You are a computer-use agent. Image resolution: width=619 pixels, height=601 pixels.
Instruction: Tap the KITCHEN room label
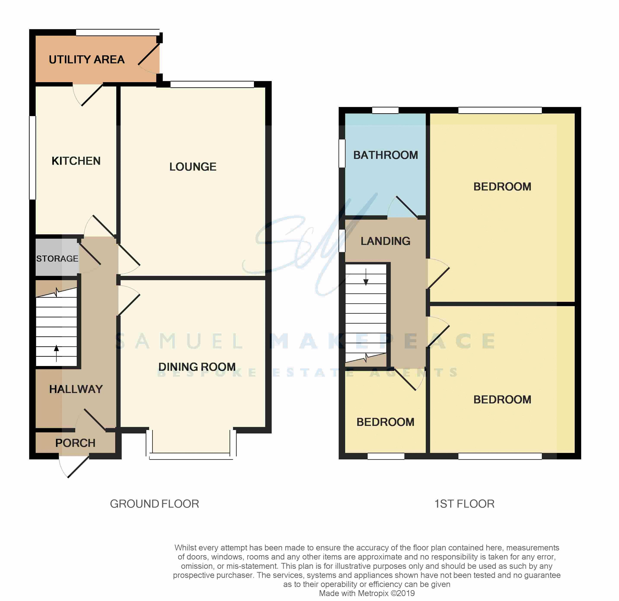click(x=76, y=161)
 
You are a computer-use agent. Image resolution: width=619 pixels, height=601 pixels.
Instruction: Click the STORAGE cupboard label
click(x=57, y=259)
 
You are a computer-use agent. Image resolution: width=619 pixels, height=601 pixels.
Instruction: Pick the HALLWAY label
click(x=76, y=389)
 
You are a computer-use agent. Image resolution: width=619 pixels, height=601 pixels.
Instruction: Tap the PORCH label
click(x=75, y=443)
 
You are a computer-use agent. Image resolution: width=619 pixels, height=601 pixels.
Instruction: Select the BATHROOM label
click(x=386, y=155)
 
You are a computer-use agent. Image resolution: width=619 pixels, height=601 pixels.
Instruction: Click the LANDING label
click(x=386, y=241)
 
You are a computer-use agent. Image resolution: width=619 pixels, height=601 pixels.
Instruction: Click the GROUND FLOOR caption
click(x=155, y=504)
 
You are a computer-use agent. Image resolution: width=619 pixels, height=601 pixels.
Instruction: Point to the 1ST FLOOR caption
click(x=464, y=504)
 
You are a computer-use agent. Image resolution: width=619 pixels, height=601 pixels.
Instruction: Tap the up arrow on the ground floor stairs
click(x=56, y=353)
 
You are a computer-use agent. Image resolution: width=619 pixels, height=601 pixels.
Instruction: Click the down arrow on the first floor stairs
click(x=366, y=277)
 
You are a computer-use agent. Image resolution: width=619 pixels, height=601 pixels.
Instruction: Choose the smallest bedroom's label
click(x=385, y=422)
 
